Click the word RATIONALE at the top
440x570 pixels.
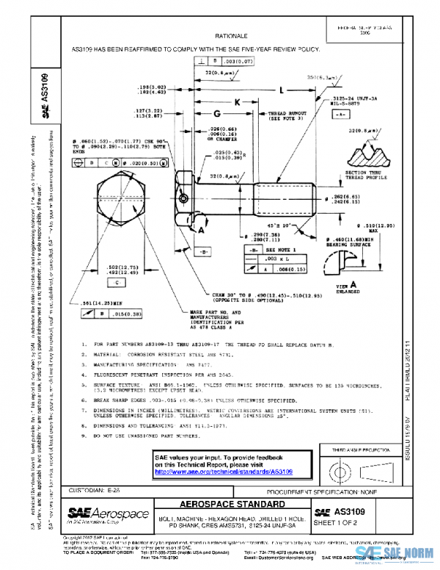(232, 35)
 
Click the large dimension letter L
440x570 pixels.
(282, 91)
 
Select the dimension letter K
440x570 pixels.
(237, 104)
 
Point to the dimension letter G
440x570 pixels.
(217, 114)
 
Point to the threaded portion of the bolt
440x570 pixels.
(285, 198)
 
